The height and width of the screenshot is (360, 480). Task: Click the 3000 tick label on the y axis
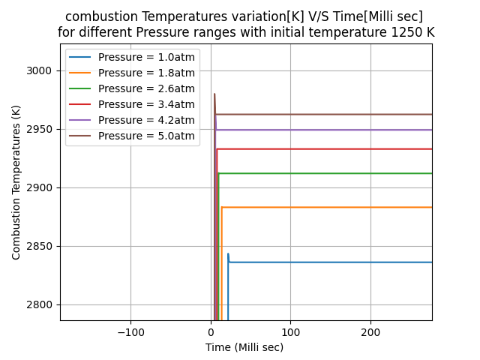[42, 70]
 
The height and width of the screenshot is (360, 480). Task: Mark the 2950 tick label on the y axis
[42, 129]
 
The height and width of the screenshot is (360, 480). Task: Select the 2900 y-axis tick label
[42, 187]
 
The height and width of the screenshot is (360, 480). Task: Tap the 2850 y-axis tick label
[42, 246]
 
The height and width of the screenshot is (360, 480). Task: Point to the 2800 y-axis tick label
[42, 304]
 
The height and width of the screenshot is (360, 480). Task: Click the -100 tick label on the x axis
[130, 331]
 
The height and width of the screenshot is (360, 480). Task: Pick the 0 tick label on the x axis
[211, 331]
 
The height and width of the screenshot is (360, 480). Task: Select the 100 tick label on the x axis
[290, 331]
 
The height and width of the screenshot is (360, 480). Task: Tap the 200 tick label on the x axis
[370, 331]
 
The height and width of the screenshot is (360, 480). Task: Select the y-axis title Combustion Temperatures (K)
[16, 182]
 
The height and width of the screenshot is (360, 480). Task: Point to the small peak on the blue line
[228, 254]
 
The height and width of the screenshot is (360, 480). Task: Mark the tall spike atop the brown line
[214, 94]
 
